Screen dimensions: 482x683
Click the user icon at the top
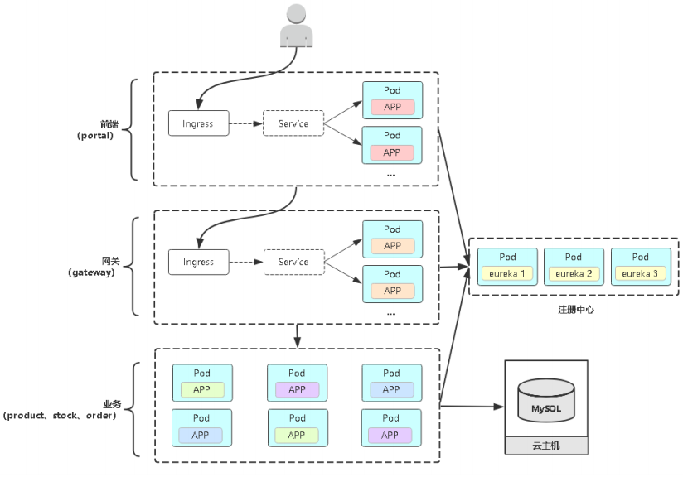(x=296, y=25)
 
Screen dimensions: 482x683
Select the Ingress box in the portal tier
(x=198, y=123)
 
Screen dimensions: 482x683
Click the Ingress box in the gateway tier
(x=198, y=262)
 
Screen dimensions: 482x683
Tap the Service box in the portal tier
(x=293, y=123)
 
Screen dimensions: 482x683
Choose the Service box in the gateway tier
(x=293, y=262)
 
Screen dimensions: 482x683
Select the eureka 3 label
(x=640, y=273)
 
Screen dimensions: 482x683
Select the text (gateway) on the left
(x=92, y=272)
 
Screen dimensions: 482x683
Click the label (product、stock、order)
(x=60, y=415)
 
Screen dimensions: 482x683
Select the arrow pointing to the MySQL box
(x=472, y=406)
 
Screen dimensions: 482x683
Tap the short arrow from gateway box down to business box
(x=297, y=335)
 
